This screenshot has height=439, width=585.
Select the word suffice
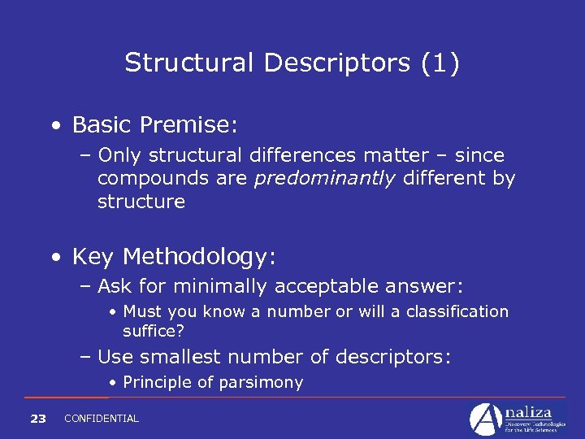coord(151,331)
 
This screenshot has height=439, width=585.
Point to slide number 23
coord(37,419)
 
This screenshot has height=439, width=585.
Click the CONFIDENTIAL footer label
coord(101,419)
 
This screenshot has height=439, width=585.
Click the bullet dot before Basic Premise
coord(54,126)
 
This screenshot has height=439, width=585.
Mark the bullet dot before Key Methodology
coord(54,259)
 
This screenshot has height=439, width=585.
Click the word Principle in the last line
coord(158,382)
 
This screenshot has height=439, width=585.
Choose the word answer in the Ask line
coord(430,286)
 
